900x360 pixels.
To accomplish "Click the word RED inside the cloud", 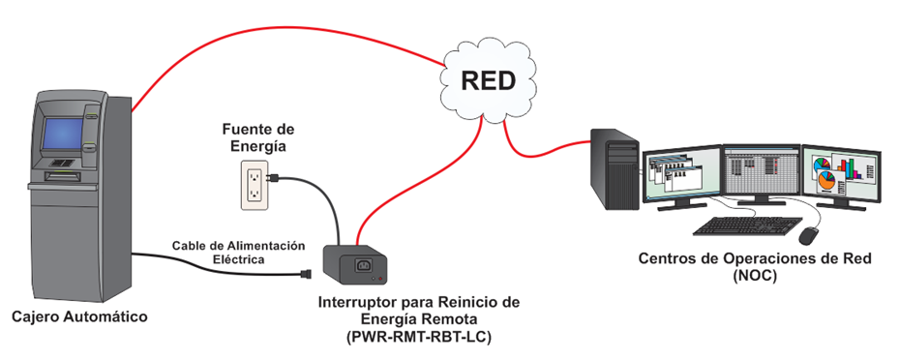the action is point(489,81).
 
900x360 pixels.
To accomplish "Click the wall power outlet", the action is point(254,184).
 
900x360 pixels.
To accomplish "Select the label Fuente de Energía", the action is point(258,136).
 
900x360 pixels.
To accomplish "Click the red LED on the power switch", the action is point(383,279).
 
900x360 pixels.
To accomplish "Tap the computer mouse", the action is point(809,235).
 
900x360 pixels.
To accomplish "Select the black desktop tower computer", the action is point(615,168).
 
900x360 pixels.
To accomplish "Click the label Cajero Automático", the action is point(79,316).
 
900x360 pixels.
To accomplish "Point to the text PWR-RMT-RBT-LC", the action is point(419,338).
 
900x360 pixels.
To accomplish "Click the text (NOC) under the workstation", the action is point(755,276).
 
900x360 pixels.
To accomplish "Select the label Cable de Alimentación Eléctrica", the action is point(239,253).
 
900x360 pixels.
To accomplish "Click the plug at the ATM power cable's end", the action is point(306,274).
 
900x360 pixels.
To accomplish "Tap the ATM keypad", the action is point(61,163).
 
